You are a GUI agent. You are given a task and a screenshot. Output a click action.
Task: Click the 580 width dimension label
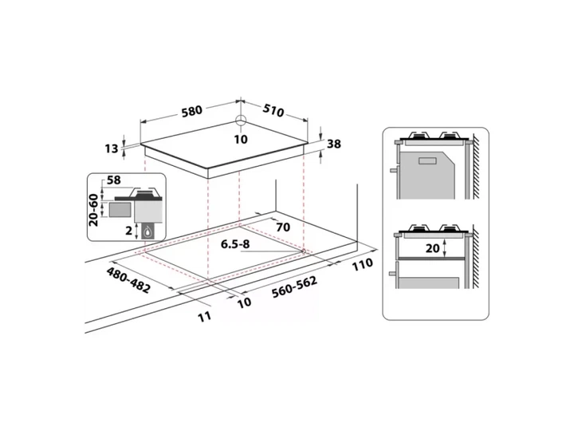[192, 110]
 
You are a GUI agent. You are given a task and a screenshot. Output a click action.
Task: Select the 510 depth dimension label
[273, 110]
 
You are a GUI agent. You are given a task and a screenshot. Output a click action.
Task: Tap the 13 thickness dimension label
[112, 148]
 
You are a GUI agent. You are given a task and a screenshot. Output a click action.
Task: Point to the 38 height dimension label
[333, 144]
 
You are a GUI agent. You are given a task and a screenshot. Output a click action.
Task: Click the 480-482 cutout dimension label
[128, 280]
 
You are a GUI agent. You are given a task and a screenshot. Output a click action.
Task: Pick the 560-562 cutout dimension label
[294, 287]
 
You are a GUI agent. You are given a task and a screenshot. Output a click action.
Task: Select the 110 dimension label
[363, 264]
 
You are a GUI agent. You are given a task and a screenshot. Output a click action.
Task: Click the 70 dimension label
[282, 227]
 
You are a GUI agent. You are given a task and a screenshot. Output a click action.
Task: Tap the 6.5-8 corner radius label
[235, 244]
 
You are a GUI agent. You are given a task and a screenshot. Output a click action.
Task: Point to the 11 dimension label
[205, 317]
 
